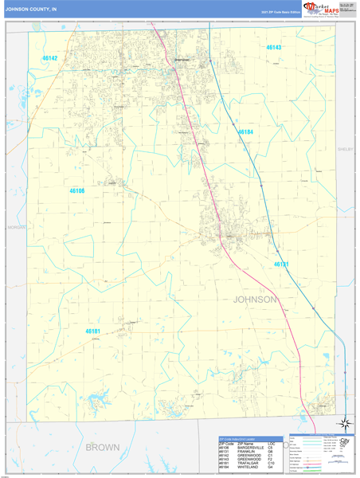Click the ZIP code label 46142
point(50,59)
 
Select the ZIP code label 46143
point(273,48)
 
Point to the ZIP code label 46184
point(245,132)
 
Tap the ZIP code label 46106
point(76,191)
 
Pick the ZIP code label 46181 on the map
point(93,331)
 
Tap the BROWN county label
point(102,446)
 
